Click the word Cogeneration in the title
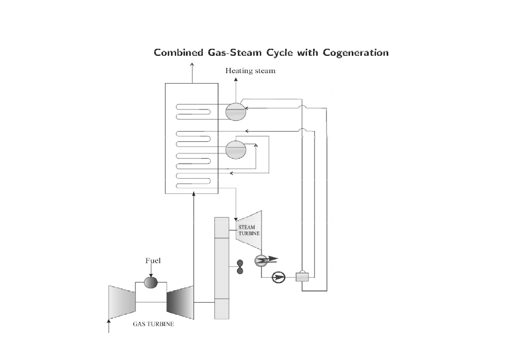pos(356,53)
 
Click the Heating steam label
pos(250,71)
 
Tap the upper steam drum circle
pos(235,111)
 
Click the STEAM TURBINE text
pos(247,230)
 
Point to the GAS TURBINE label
pos(154,324)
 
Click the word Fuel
pos(153,261)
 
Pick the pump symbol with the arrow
pos(278,277)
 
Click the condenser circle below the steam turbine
pos(261,261)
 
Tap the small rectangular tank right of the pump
pos(302,277)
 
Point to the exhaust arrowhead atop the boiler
pos(192,65)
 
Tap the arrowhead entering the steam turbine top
pos(236,218)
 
